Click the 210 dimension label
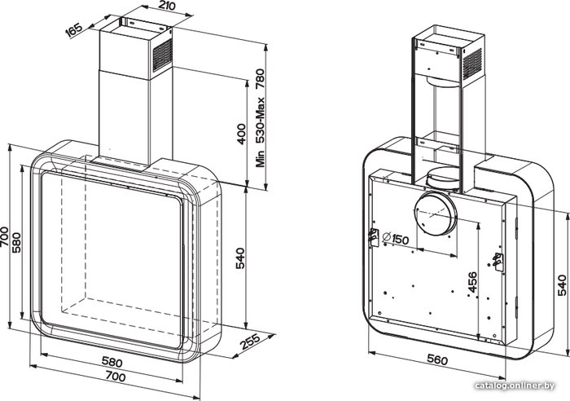tap(167, 6)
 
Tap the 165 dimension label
tap(74, 29)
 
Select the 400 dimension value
tap(241, 134)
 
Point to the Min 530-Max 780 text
tap(261, 117)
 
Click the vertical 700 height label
tap(4, 236)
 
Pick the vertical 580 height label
tap(17, 242)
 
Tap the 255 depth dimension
tap(250, 342)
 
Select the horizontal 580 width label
tap(112, 362)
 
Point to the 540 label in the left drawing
tap(240, 258)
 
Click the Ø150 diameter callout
tap(395, 239)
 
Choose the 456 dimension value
tap(472, 282)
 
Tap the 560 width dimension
tap(437, 360)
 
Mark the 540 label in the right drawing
tap(561, 285)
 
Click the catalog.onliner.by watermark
tap(515, 386)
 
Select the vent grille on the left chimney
tap(163, 55)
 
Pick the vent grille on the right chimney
tap(472, 64)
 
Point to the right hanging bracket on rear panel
tap(498, 262)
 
